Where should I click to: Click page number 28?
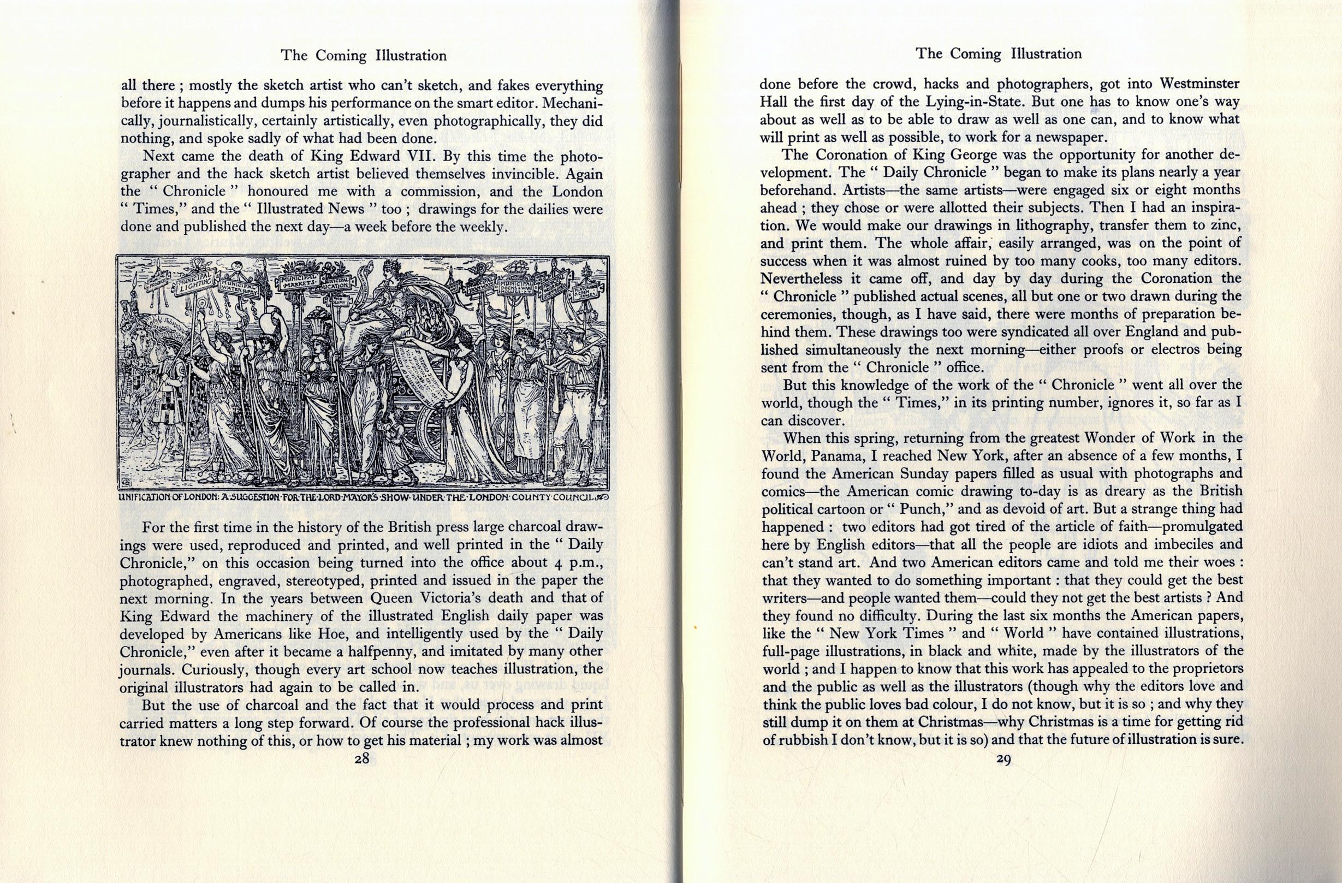pos(361,759)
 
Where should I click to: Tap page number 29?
pos(1003,759)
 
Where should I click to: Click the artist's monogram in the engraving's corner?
pos(126,483)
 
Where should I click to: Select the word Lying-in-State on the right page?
pos(975,102)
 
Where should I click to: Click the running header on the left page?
pos(364,55)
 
